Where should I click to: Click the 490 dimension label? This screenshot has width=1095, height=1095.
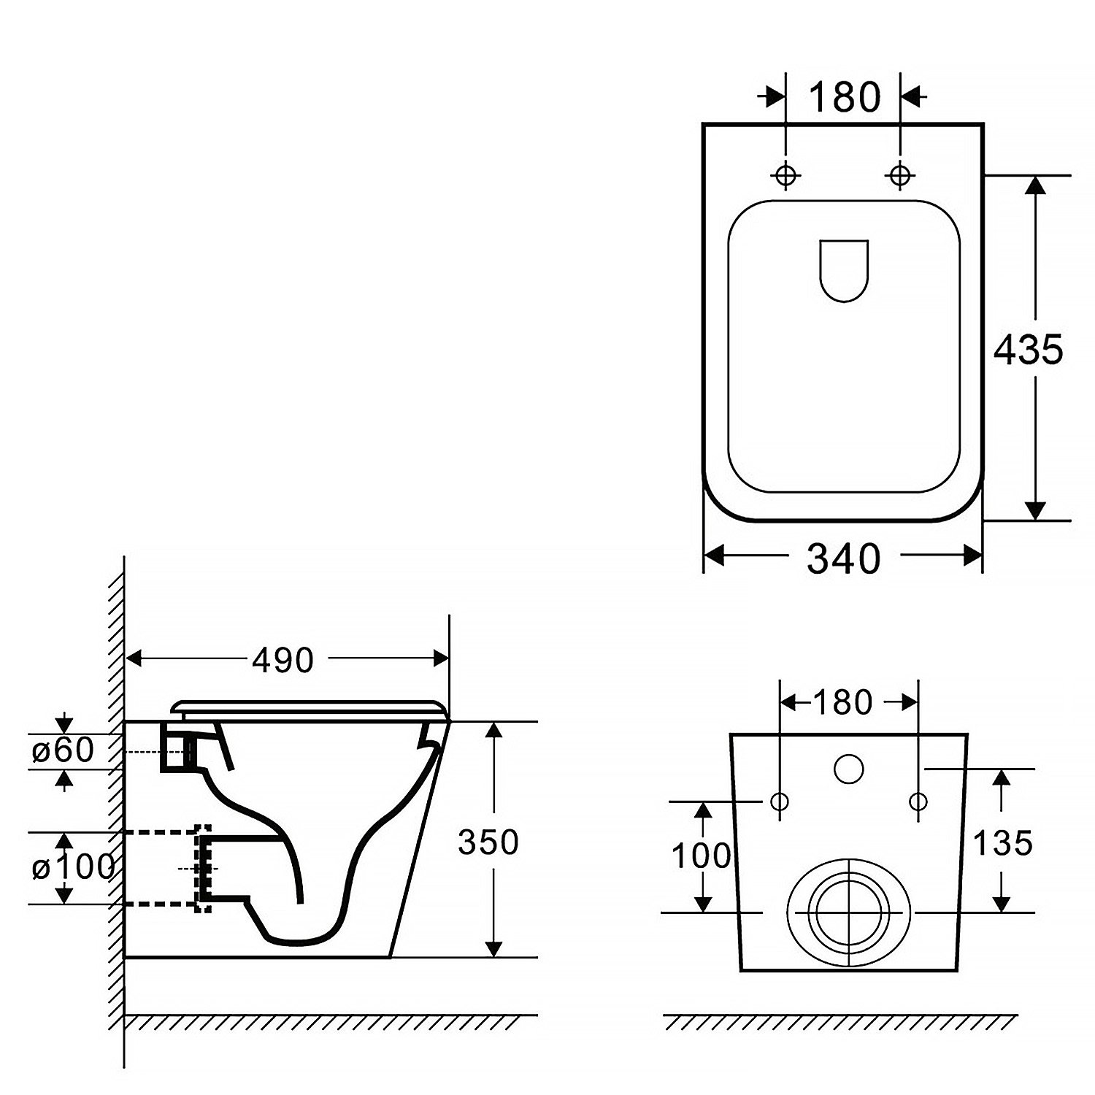click(x=283, y=660)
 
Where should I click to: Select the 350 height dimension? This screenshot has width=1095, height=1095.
click(x=488, y=842)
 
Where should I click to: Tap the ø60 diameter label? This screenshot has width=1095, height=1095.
click(x=63, y=750)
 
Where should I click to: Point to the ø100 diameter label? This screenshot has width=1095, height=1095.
click(x=73, y=867)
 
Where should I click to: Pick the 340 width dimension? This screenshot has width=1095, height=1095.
click(x=843, y=558)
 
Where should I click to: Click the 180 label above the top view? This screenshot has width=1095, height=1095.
click(x=845, y=97)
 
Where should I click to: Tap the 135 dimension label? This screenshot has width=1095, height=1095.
click(x=1003, y=843)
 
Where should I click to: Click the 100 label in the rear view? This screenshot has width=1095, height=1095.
click(x=701, y=856)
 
